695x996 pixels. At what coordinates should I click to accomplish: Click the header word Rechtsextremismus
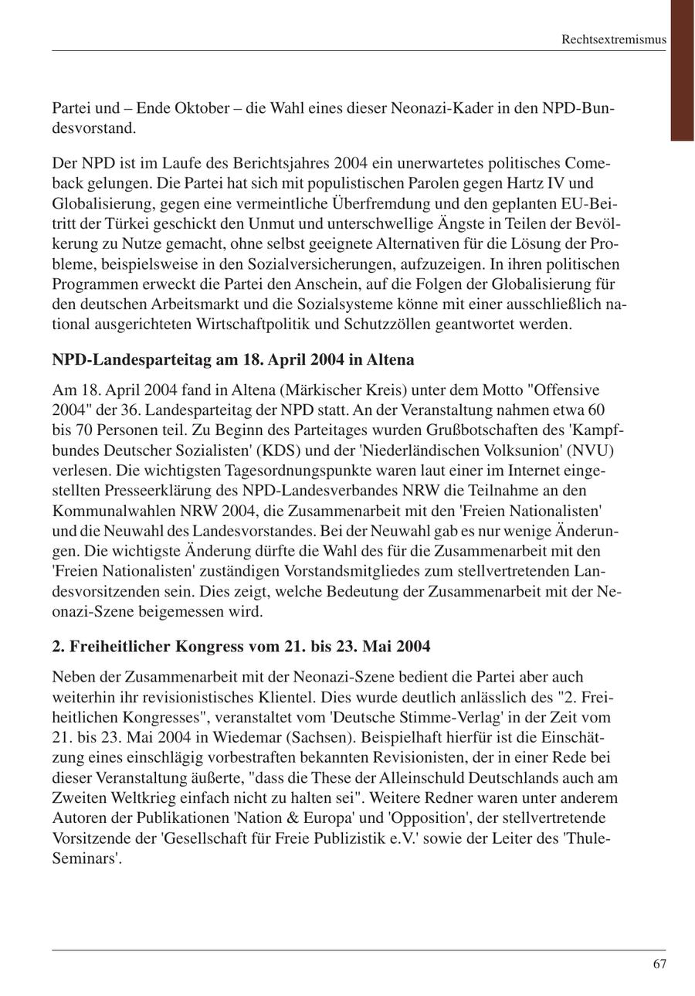pyautogui.click(x=613, y=39)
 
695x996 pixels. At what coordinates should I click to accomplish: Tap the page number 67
pyautogui.click(x=659, y=964)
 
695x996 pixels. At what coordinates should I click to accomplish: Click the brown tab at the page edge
pyautogui.click(x=682, y=70)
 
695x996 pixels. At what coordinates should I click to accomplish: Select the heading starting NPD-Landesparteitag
pyautogui.click(x=233, y=360)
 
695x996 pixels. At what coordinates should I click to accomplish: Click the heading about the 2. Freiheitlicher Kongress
pyautogui.click(x=241, y=646)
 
